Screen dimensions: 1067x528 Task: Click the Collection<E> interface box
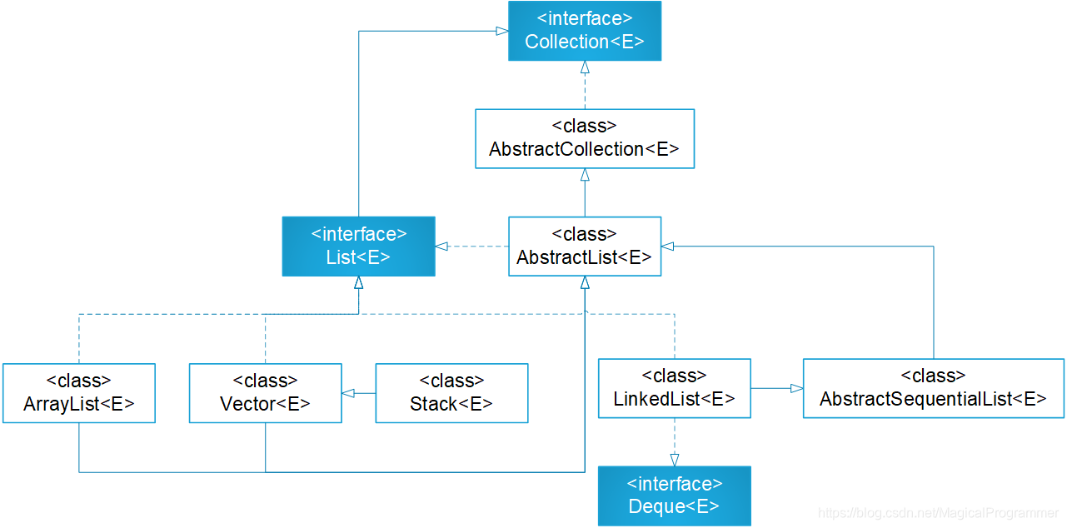pyautogui.click(x=585, y=31)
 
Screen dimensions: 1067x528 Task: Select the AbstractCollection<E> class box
pyautogui.click(x=585, y=138)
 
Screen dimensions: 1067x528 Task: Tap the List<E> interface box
pyautogui.click(x=358, y=247)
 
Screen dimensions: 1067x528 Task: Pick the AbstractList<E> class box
pyautogui.click(x=585, y=247)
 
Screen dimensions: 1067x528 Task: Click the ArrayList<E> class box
pyautogui.click(x=79, y=393)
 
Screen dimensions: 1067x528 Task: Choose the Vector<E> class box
pyautogui.click(x=266, y=393)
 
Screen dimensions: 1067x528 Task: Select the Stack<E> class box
pyautogui.click(x=451, y=393)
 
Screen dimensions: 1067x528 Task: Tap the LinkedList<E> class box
pyautogui.click(x=675, y=388)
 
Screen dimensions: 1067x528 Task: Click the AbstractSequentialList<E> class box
pyautogui.click(x=934, y=388)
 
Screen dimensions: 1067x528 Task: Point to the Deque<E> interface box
pyautogui.click(x=675, y=496)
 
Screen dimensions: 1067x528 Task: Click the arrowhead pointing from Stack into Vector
pyautogui.click(x=348, y=393)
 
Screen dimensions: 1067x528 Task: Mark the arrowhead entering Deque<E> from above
pyautogui.click(x=675, y=460)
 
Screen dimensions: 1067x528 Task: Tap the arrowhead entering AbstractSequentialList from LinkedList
pyautogui.click(x=797, y=388)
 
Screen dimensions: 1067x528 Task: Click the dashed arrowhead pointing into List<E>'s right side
pyautogui.click(x=441, y=247)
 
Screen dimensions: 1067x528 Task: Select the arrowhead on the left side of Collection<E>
pyautogui.click(x=502, y=31)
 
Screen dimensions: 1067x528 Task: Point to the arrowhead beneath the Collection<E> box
pyautogui.click(x=585, y=67)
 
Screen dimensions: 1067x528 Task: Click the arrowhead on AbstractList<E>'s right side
pyautogui.click(x=668, y=247)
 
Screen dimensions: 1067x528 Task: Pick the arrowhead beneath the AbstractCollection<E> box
pyautogui.click(x=585, y=175)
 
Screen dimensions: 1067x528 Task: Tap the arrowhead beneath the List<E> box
pyautogui.click(x=359, y=282)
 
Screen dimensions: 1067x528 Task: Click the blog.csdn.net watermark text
pyautogui.click(x=938, y=513)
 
